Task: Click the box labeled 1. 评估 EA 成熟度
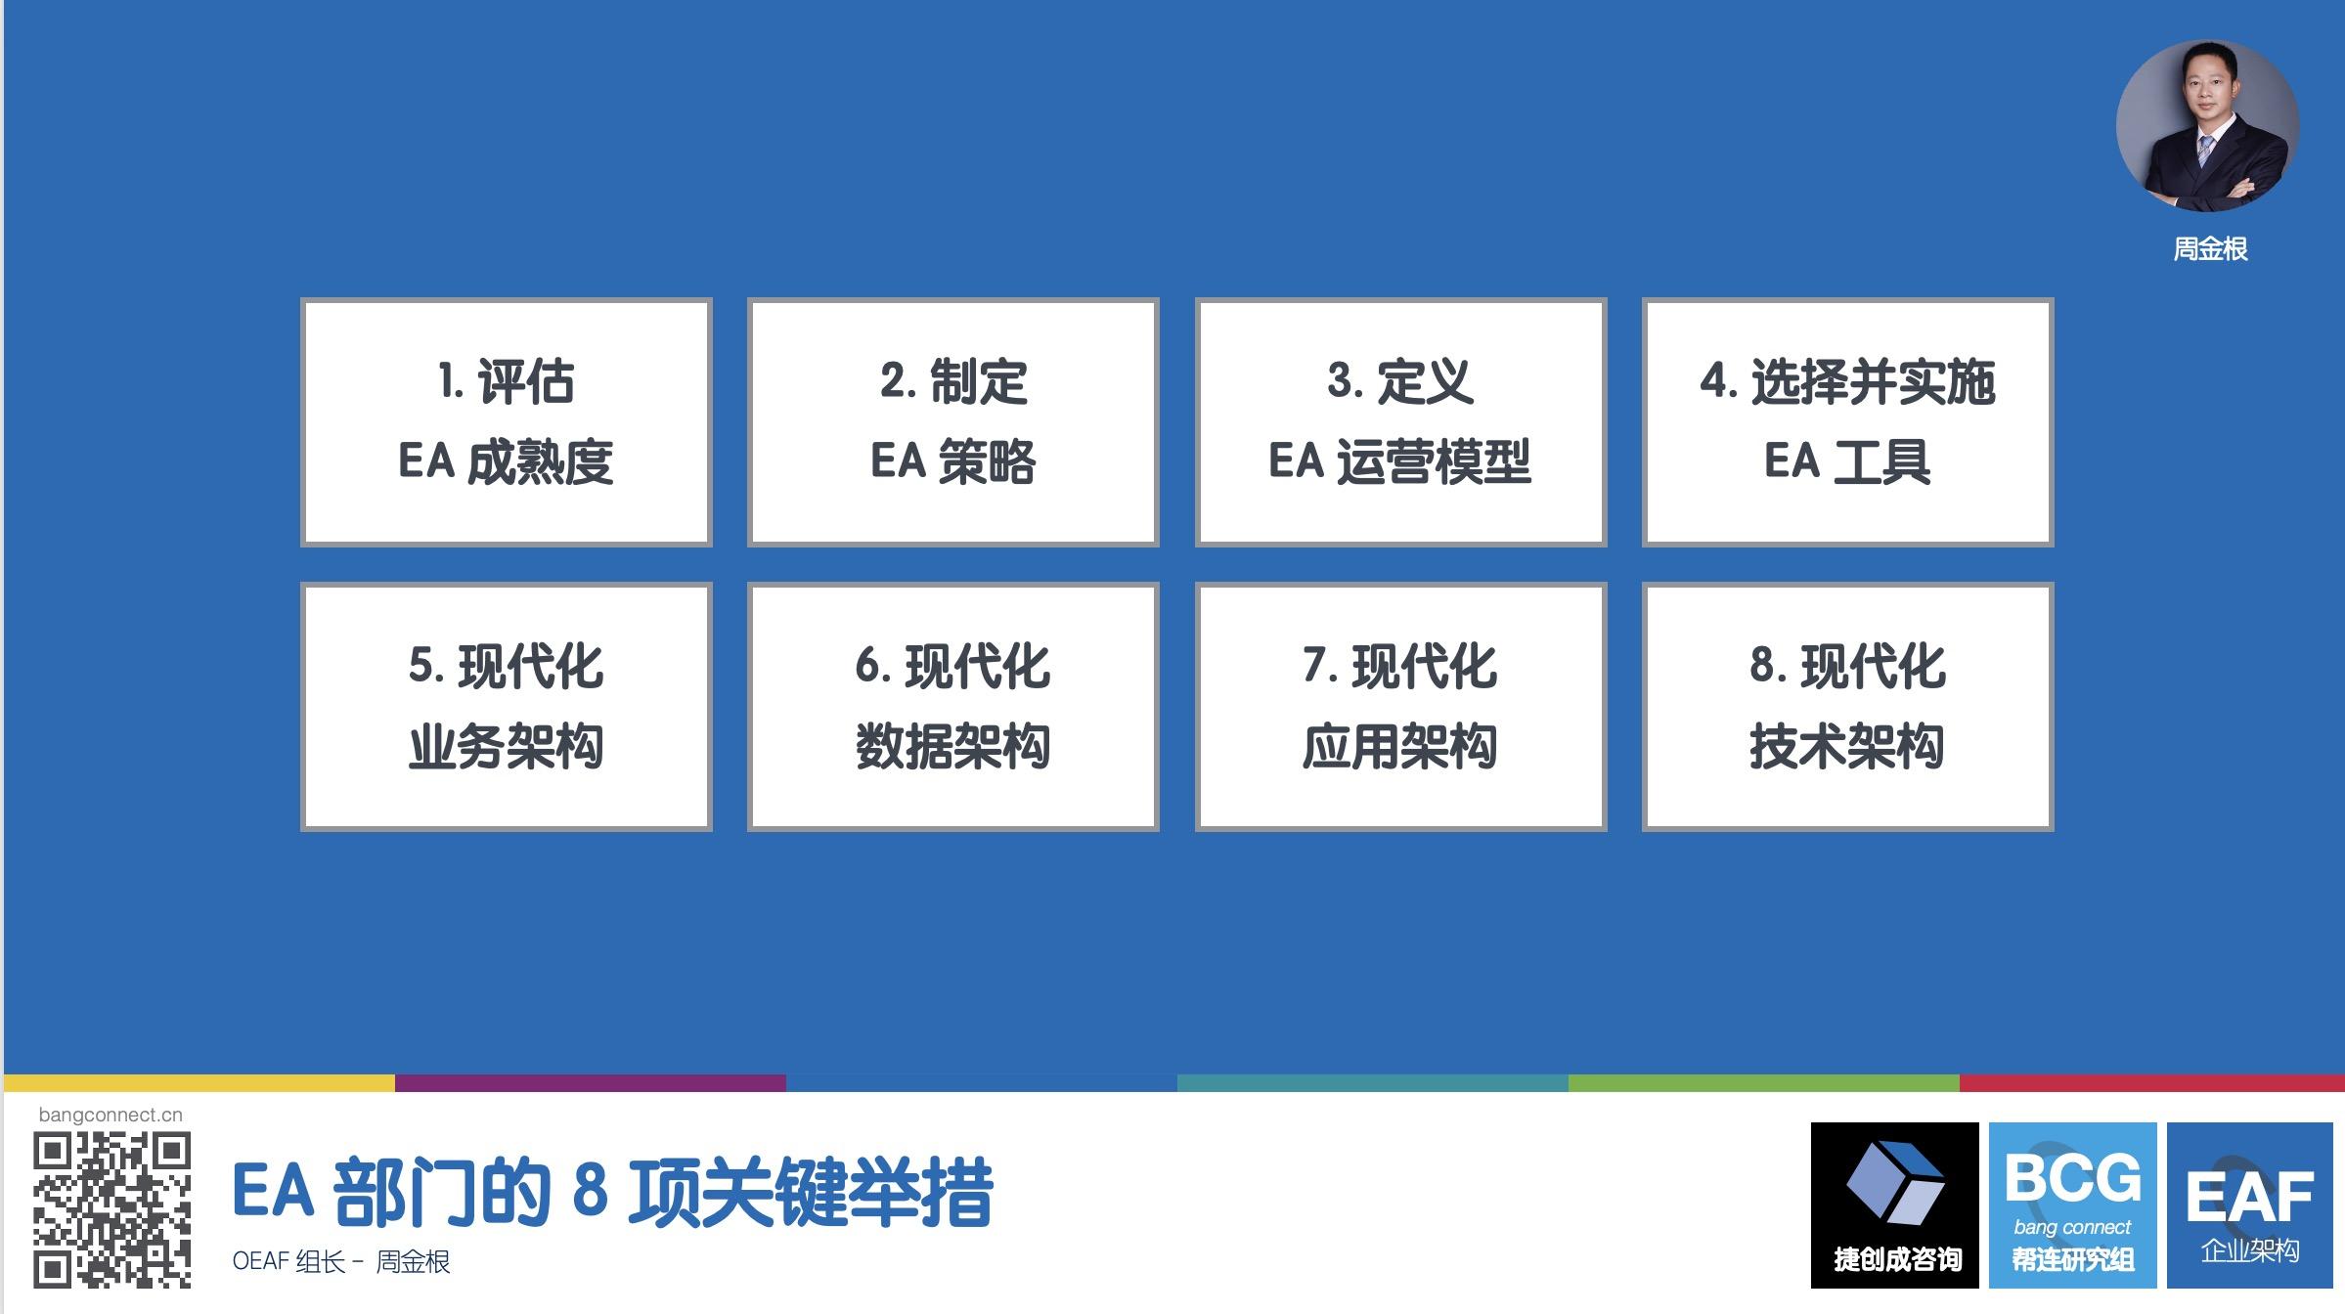tap(506, 422)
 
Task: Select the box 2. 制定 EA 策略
tap(953, 422)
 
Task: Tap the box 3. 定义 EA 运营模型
tap(1400, 422)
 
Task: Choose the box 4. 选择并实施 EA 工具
tap(1847, 422)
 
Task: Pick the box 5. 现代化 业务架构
tap(506, 707)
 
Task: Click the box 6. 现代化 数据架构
tap(953, 707)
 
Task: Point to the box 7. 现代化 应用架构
tap(1400, 707)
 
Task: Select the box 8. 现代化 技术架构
tap(1847, 707)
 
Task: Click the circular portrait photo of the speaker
tap(2208, 125)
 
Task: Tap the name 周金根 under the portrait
tap(2210, 249)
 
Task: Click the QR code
tap(111, 1209)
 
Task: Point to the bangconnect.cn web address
tap(111, 1115)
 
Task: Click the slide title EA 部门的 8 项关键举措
tap(613, 1193)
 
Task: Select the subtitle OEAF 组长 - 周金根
tap(341, 1261)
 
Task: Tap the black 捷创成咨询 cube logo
tap(1895, 1205)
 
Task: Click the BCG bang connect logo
tap(2073, 1205)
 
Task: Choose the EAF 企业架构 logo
tap(2250, 1205)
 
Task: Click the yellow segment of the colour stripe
tap(199, 1083)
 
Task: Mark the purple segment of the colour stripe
tap(591, 1083)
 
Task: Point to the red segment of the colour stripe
tap(2152, 1083)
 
